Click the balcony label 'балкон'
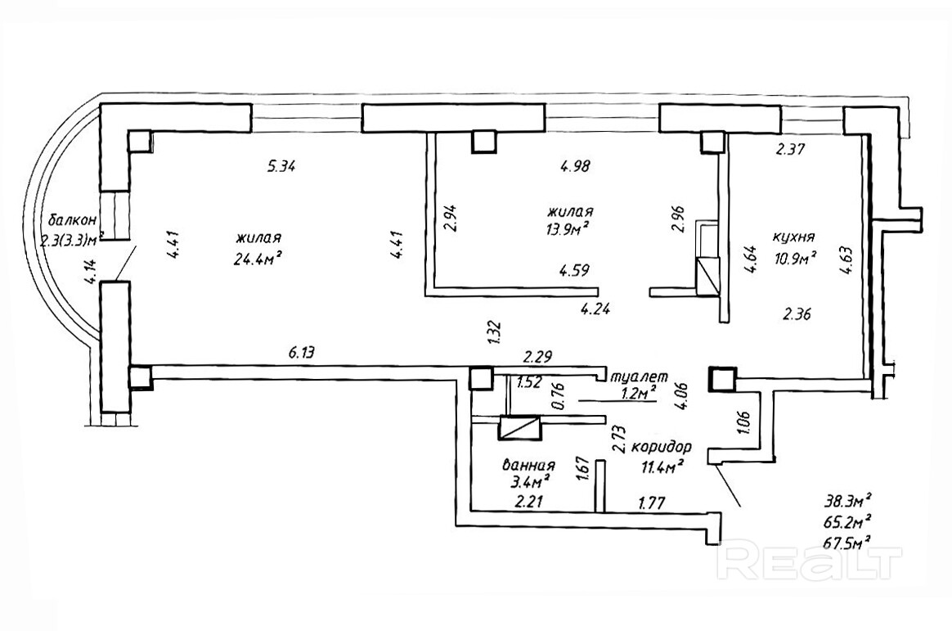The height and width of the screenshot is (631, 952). pos(72,219)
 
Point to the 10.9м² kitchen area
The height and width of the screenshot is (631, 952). pos(796,259)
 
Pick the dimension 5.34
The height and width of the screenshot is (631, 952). pos(281,167)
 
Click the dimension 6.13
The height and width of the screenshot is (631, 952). pos(302,354)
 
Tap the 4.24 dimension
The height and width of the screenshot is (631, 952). pos(595,309)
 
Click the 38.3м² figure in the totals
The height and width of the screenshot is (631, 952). pos(846,498)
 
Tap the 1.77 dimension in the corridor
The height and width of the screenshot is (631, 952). pos(652,503)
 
